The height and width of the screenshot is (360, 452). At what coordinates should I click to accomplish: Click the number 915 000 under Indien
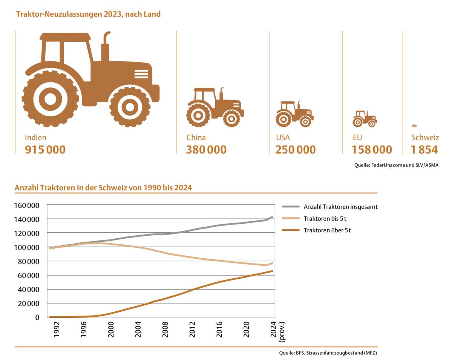click(x=45, y=149)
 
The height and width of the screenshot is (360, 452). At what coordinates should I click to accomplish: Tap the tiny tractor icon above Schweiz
click(x=414, y=126)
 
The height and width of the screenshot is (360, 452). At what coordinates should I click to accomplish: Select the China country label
click(x=196, y=137)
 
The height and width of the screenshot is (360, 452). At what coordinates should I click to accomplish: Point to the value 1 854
click(x=424, y=149)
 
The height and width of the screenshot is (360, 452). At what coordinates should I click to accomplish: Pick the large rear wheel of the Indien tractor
click(x=50, y=99)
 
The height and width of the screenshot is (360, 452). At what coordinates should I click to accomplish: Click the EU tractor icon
click(x=365, y=119)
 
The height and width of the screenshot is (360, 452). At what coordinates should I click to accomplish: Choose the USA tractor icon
click(x=294, y=114)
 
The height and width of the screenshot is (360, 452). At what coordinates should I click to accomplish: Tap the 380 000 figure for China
click(x=206, y=149)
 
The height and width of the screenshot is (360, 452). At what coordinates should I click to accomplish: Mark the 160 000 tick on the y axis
click(x=27, y=205)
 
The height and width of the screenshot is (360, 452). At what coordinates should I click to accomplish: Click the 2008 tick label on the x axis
click(x=165, y=329)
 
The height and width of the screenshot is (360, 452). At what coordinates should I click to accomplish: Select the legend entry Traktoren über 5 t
click(x=327, y=230)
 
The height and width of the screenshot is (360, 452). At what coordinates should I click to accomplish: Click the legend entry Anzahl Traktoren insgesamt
click(x=340, y=206)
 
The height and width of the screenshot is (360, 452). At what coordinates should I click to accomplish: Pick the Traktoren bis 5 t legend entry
click(x=325, y=218)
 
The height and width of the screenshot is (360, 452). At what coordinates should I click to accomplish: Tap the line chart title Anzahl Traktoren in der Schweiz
click(x=103, y=188)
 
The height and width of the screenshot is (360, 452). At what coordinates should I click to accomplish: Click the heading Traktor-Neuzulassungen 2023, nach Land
click(x=88, y=14)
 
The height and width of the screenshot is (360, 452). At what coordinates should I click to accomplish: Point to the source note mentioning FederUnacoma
click(x=396, y=165)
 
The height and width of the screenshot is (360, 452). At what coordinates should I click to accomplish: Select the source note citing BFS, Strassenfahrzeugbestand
click(x=328, y=353)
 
